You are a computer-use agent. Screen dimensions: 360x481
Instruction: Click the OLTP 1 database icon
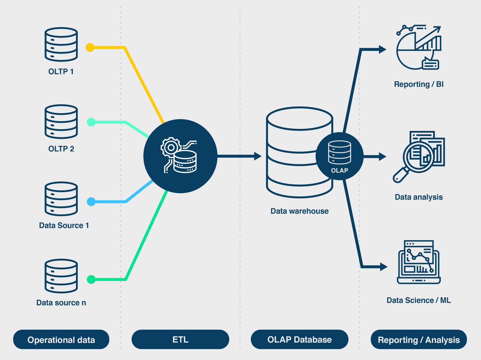click(61, 44)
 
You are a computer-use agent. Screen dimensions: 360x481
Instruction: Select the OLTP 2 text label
click(61, 149)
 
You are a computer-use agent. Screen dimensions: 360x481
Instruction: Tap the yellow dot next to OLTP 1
click(90, 48)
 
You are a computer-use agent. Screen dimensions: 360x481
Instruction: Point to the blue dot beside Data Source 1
click(91, 202)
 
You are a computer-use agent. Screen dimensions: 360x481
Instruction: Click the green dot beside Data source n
click(91, 279)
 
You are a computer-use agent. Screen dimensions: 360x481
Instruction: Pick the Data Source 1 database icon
click(61, 199)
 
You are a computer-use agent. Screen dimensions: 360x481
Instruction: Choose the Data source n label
click(61, 303)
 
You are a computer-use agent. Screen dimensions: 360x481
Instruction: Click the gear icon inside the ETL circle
click(171, 147)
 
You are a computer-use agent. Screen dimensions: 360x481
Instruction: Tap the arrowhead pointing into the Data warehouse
click(258, 156)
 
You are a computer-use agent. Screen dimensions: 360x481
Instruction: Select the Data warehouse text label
click(299, 211)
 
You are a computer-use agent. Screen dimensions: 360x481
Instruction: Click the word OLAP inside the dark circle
click(339, 170)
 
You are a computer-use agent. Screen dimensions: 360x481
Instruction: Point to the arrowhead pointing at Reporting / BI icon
click(383, 50)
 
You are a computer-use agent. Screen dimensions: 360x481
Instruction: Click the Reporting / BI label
click(419, 84)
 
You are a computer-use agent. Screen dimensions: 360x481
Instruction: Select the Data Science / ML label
click(419, 300)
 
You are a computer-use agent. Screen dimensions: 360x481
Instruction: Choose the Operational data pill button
click(61, 339)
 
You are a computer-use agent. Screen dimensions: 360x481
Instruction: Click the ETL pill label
click(180, 339)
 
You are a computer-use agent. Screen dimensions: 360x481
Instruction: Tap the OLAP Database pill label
click(299, 339)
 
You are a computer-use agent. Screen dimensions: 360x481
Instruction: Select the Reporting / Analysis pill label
click(419, 339)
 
